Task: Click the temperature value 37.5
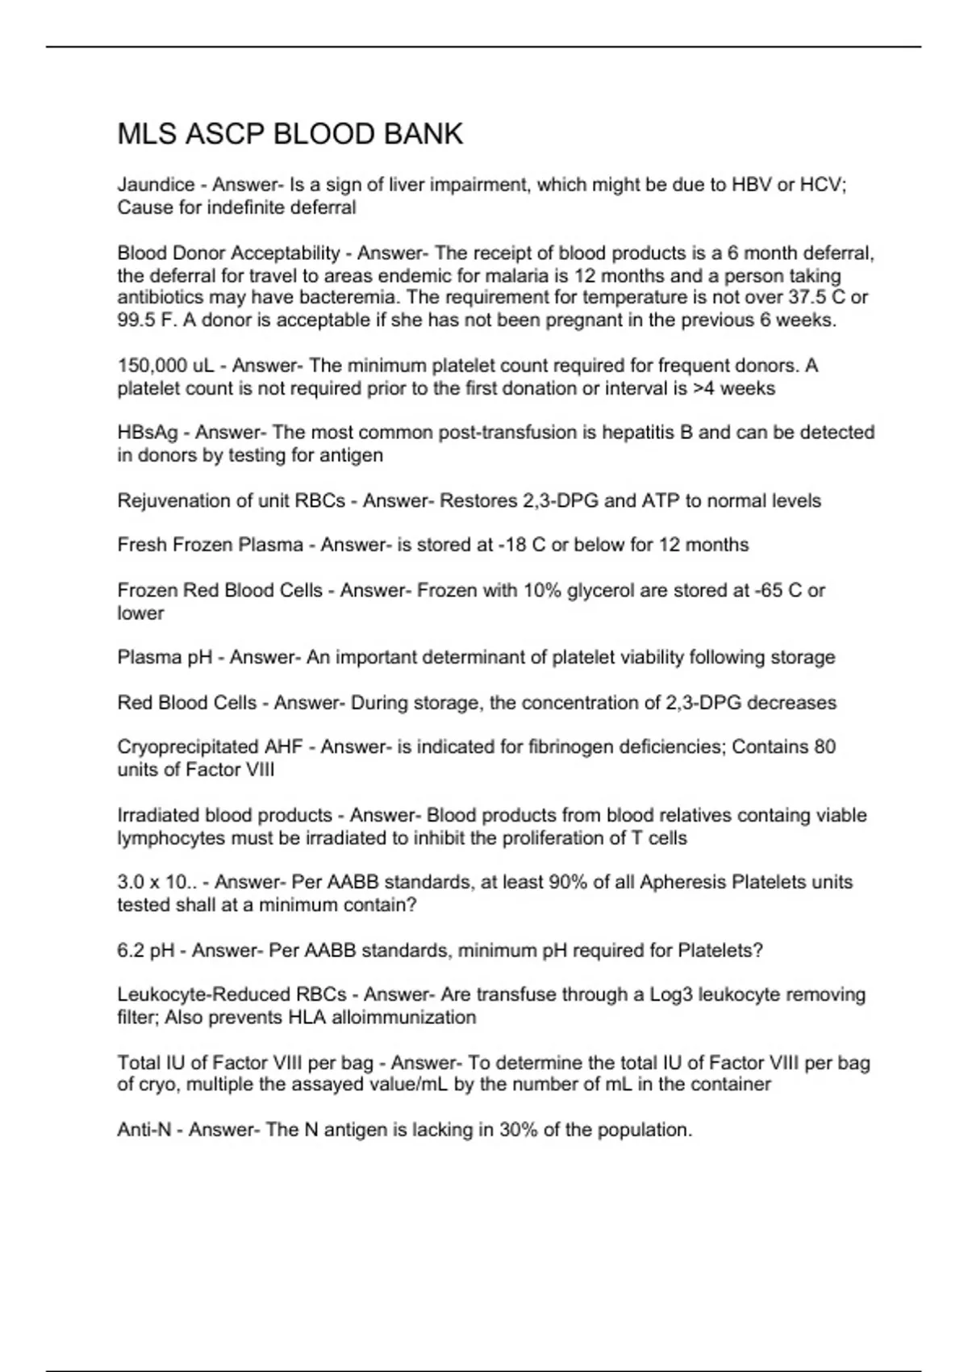coord(807,298)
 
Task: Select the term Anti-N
coord(144,1130)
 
